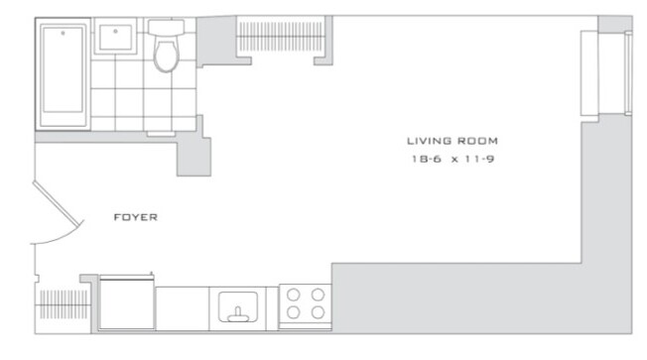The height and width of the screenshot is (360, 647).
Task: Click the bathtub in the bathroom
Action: tap(65, 74)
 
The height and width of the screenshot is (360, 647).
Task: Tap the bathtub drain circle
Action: tap(65, 33)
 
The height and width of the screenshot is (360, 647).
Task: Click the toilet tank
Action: tap(166, 28)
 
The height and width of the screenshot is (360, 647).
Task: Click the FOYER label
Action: tap(137, 215)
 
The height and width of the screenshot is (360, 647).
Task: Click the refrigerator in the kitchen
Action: tap(126, 302)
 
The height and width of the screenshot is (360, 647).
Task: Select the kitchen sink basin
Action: tap(238, 304)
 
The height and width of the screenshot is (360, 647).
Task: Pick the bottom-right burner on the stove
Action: tap(318, 312)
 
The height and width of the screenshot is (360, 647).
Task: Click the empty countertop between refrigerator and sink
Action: tap(182, 306)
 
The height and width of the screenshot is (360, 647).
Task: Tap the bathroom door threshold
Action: tap(159, 133)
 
